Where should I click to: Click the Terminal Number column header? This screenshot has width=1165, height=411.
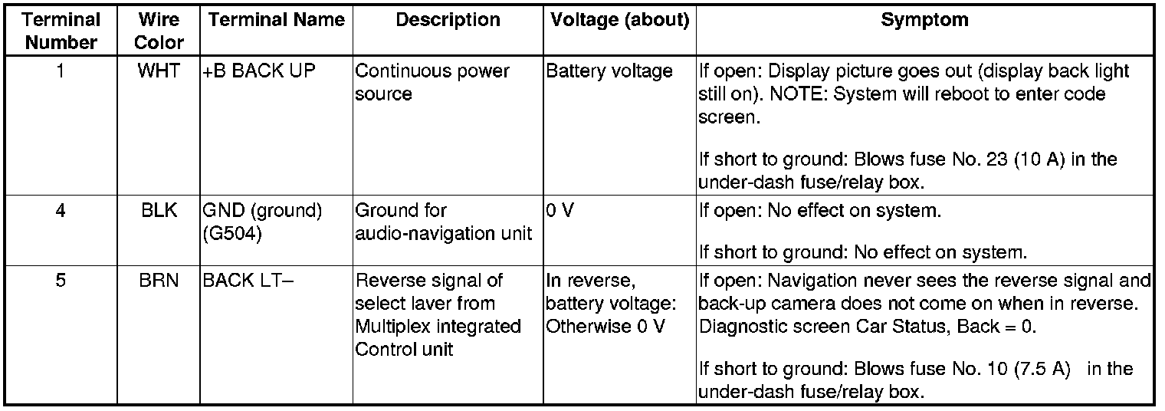click(x=62, y=30)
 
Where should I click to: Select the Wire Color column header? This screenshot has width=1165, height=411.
click(x=159, y=30)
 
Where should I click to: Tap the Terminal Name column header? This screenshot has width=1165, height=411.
click(x=276, y=20)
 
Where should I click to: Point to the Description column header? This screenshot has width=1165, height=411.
click(x=448, y=20)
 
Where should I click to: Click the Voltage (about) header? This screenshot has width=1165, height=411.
click(x=619, y=20)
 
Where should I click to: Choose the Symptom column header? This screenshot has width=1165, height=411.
click(x=924, y=20)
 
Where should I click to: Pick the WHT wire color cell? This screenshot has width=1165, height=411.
click(x=159, y=71)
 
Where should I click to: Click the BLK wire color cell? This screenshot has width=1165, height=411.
click(x=159, y=210)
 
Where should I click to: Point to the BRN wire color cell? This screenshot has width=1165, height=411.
click(x=159, y=281)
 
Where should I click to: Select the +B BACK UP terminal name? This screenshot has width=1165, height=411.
click(x=259, y=71)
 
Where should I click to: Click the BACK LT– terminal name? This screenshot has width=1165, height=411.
click(x=246, y=281)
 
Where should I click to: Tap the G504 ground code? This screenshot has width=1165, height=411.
click(x=233, y=235)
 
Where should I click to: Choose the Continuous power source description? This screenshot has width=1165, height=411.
click(x=432, y=82)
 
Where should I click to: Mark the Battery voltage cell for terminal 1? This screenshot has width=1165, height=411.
click(x=609, y=71)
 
